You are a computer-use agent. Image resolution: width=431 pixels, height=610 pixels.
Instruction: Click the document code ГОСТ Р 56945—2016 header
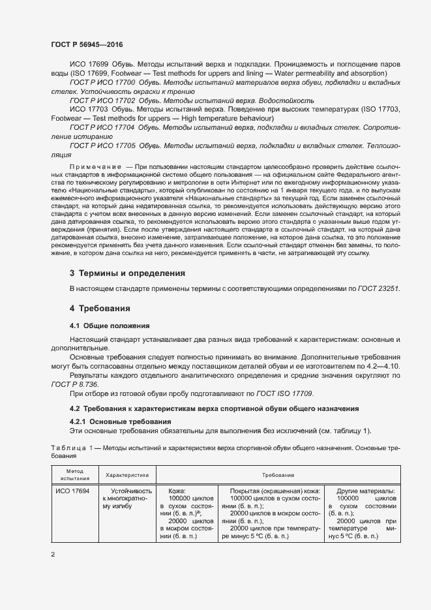coord(87,44)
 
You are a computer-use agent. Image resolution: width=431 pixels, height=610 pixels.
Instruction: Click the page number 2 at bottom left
coord(53,555)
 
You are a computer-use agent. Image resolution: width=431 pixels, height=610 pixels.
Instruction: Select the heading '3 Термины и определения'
coord(127,273)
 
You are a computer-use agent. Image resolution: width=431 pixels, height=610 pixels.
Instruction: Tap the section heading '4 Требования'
coord(101,308)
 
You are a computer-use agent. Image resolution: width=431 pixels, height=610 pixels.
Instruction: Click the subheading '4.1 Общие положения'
coord(110,325)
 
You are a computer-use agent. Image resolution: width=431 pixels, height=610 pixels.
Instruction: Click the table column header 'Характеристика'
coord(128,476)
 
